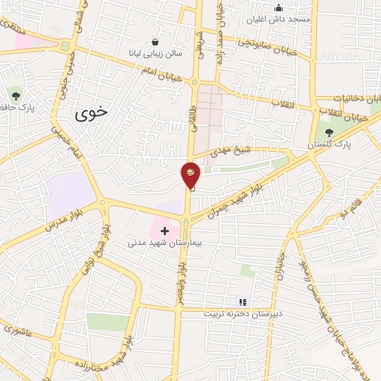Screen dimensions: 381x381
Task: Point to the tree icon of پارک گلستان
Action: pos(328,132)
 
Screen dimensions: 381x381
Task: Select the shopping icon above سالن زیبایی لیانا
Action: pos(154,42)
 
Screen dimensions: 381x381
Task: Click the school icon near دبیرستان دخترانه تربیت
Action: pos(242,301)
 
